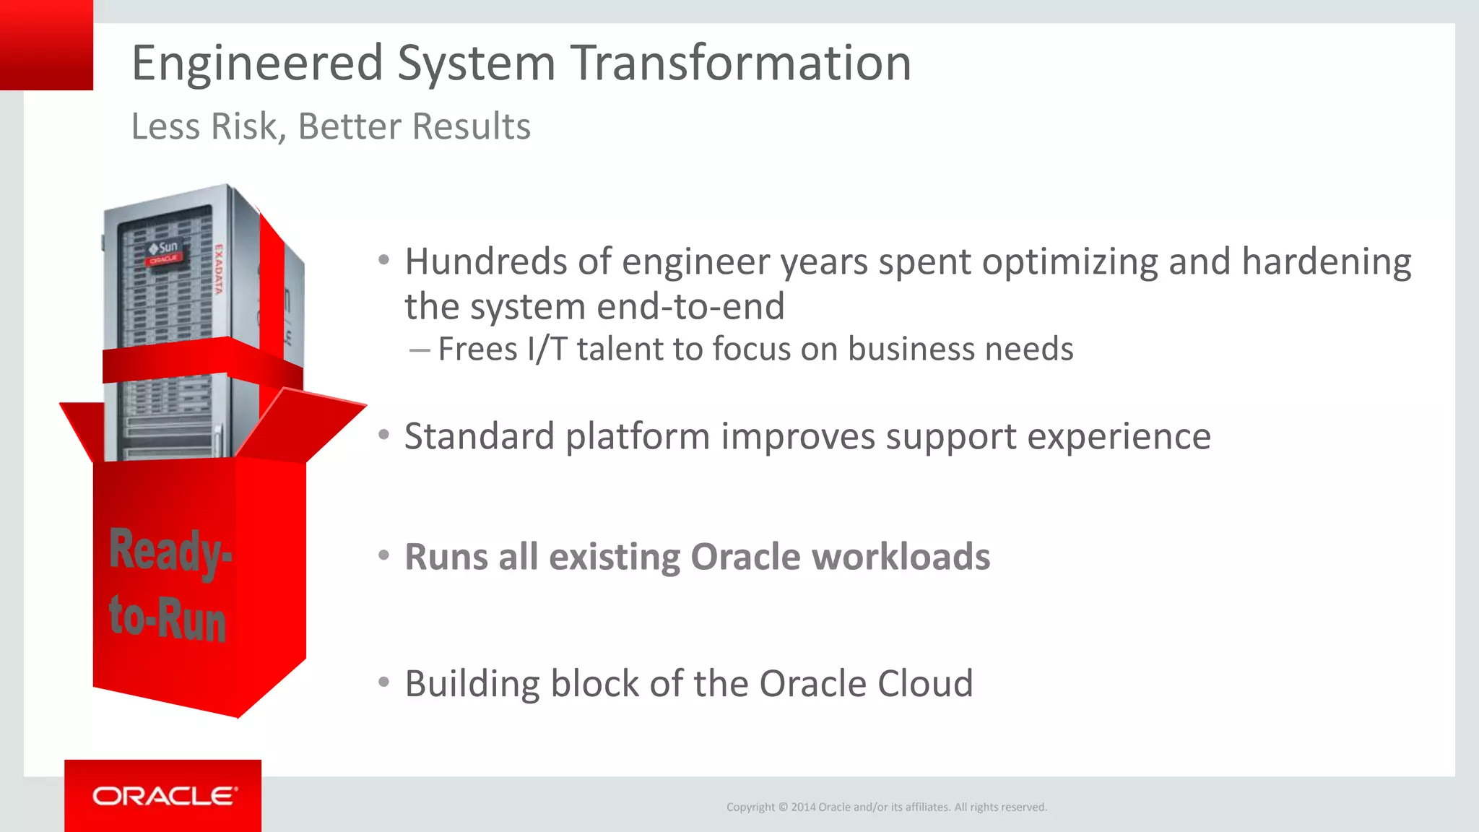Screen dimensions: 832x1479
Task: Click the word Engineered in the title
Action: coord(257,63)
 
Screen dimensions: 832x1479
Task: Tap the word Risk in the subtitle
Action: coord(243,126)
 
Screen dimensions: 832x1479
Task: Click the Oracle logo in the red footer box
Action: coord(164,796)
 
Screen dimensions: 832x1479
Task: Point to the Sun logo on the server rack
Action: coord(164,248)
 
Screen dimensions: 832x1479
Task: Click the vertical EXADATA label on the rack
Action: coord(218,269)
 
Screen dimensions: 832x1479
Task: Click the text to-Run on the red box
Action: coord(168,617)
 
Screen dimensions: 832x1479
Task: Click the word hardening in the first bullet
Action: coord(1326,261)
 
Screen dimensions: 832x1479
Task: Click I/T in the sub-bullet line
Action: coord(547,349)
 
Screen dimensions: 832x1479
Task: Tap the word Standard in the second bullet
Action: coord(479,436)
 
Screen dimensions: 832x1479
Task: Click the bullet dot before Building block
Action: coord(384,682)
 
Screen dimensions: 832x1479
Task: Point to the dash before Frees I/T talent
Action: coord(420,350)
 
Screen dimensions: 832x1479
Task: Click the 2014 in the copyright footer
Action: coord(803,807)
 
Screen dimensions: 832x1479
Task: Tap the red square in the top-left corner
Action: coord(46,45)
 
